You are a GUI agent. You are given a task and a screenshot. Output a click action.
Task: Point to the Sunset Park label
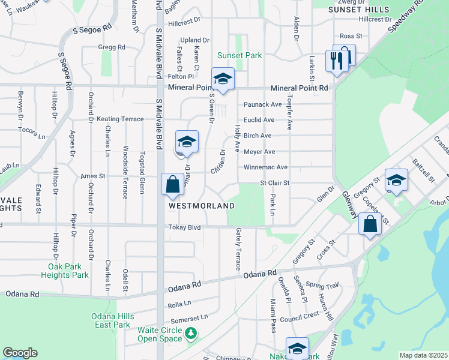[240, 56]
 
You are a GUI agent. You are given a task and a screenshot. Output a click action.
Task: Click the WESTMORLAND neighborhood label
[201, 205]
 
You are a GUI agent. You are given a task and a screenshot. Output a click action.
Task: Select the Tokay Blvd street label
[184, 227]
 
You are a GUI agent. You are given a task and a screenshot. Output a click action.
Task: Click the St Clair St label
[274, 182]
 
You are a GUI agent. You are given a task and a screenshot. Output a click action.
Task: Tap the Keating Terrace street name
[124, 119]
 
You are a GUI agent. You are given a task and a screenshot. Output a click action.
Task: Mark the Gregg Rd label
[112, 47]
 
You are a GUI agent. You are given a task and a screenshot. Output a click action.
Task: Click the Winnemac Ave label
[265, 167]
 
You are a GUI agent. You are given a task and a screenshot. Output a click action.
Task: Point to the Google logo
[20, 353]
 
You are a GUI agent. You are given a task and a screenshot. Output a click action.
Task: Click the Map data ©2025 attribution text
[423, 355]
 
